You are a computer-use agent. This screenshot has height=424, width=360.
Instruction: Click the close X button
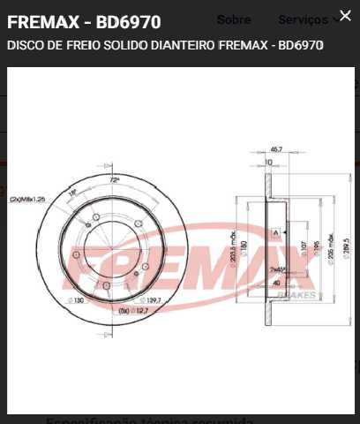click(344, 16)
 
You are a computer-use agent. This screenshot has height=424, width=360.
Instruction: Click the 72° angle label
click(114, 180)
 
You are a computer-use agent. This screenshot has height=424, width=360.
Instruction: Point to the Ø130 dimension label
click(78, 301)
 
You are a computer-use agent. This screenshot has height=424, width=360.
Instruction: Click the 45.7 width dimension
click(275, 149)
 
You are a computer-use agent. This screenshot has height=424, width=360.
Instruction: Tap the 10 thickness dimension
click(269, 163)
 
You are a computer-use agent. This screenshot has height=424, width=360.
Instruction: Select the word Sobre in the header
click(234, 19)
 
